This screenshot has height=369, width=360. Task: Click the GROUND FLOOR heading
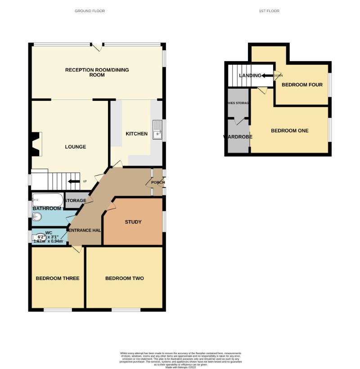click(x=90, y=11)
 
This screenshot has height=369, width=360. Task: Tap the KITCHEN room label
click(x=136, y=134)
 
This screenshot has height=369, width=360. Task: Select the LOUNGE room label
click(x=75, y=147)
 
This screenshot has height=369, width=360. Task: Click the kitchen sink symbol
click(x=157, y=129)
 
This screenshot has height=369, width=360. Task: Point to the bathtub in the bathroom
click(x=47, y=200)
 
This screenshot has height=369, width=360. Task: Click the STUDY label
click(x=133, y=222)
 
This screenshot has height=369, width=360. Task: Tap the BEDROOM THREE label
click(x=58, y=279)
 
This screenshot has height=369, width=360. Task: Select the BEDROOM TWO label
click(x=125, y=279)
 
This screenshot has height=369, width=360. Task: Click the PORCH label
click(x=157, y=182)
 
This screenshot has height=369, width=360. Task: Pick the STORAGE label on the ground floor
click(x=76, y=200)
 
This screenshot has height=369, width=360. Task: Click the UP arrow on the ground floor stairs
click(x=72, y=182)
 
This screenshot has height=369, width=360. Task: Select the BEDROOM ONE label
click(x=289, y=130)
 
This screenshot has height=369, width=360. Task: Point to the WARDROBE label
click(x=238, y=137)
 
